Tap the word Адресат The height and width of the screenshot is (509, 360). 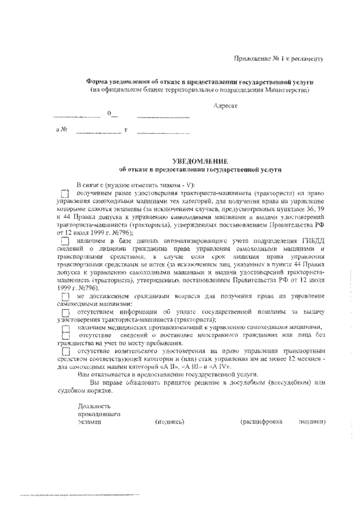tap(226, 106)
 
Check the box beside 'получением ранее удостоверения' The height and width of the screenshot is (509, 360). tap(65, 193)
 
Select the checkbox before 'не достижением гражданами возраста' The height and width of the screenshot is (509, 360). tap(65, 296)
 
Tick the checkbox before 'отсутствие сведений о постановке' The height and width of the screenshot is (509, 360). tap(65, 336)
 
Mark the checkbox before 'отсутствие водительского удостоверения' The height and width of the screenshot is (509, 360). tap(65, 352)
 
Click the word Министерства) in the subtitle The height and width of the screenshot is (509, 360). tap(287, 90)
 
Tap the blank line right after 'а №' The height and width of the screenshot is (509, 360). tap(97, 133)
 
